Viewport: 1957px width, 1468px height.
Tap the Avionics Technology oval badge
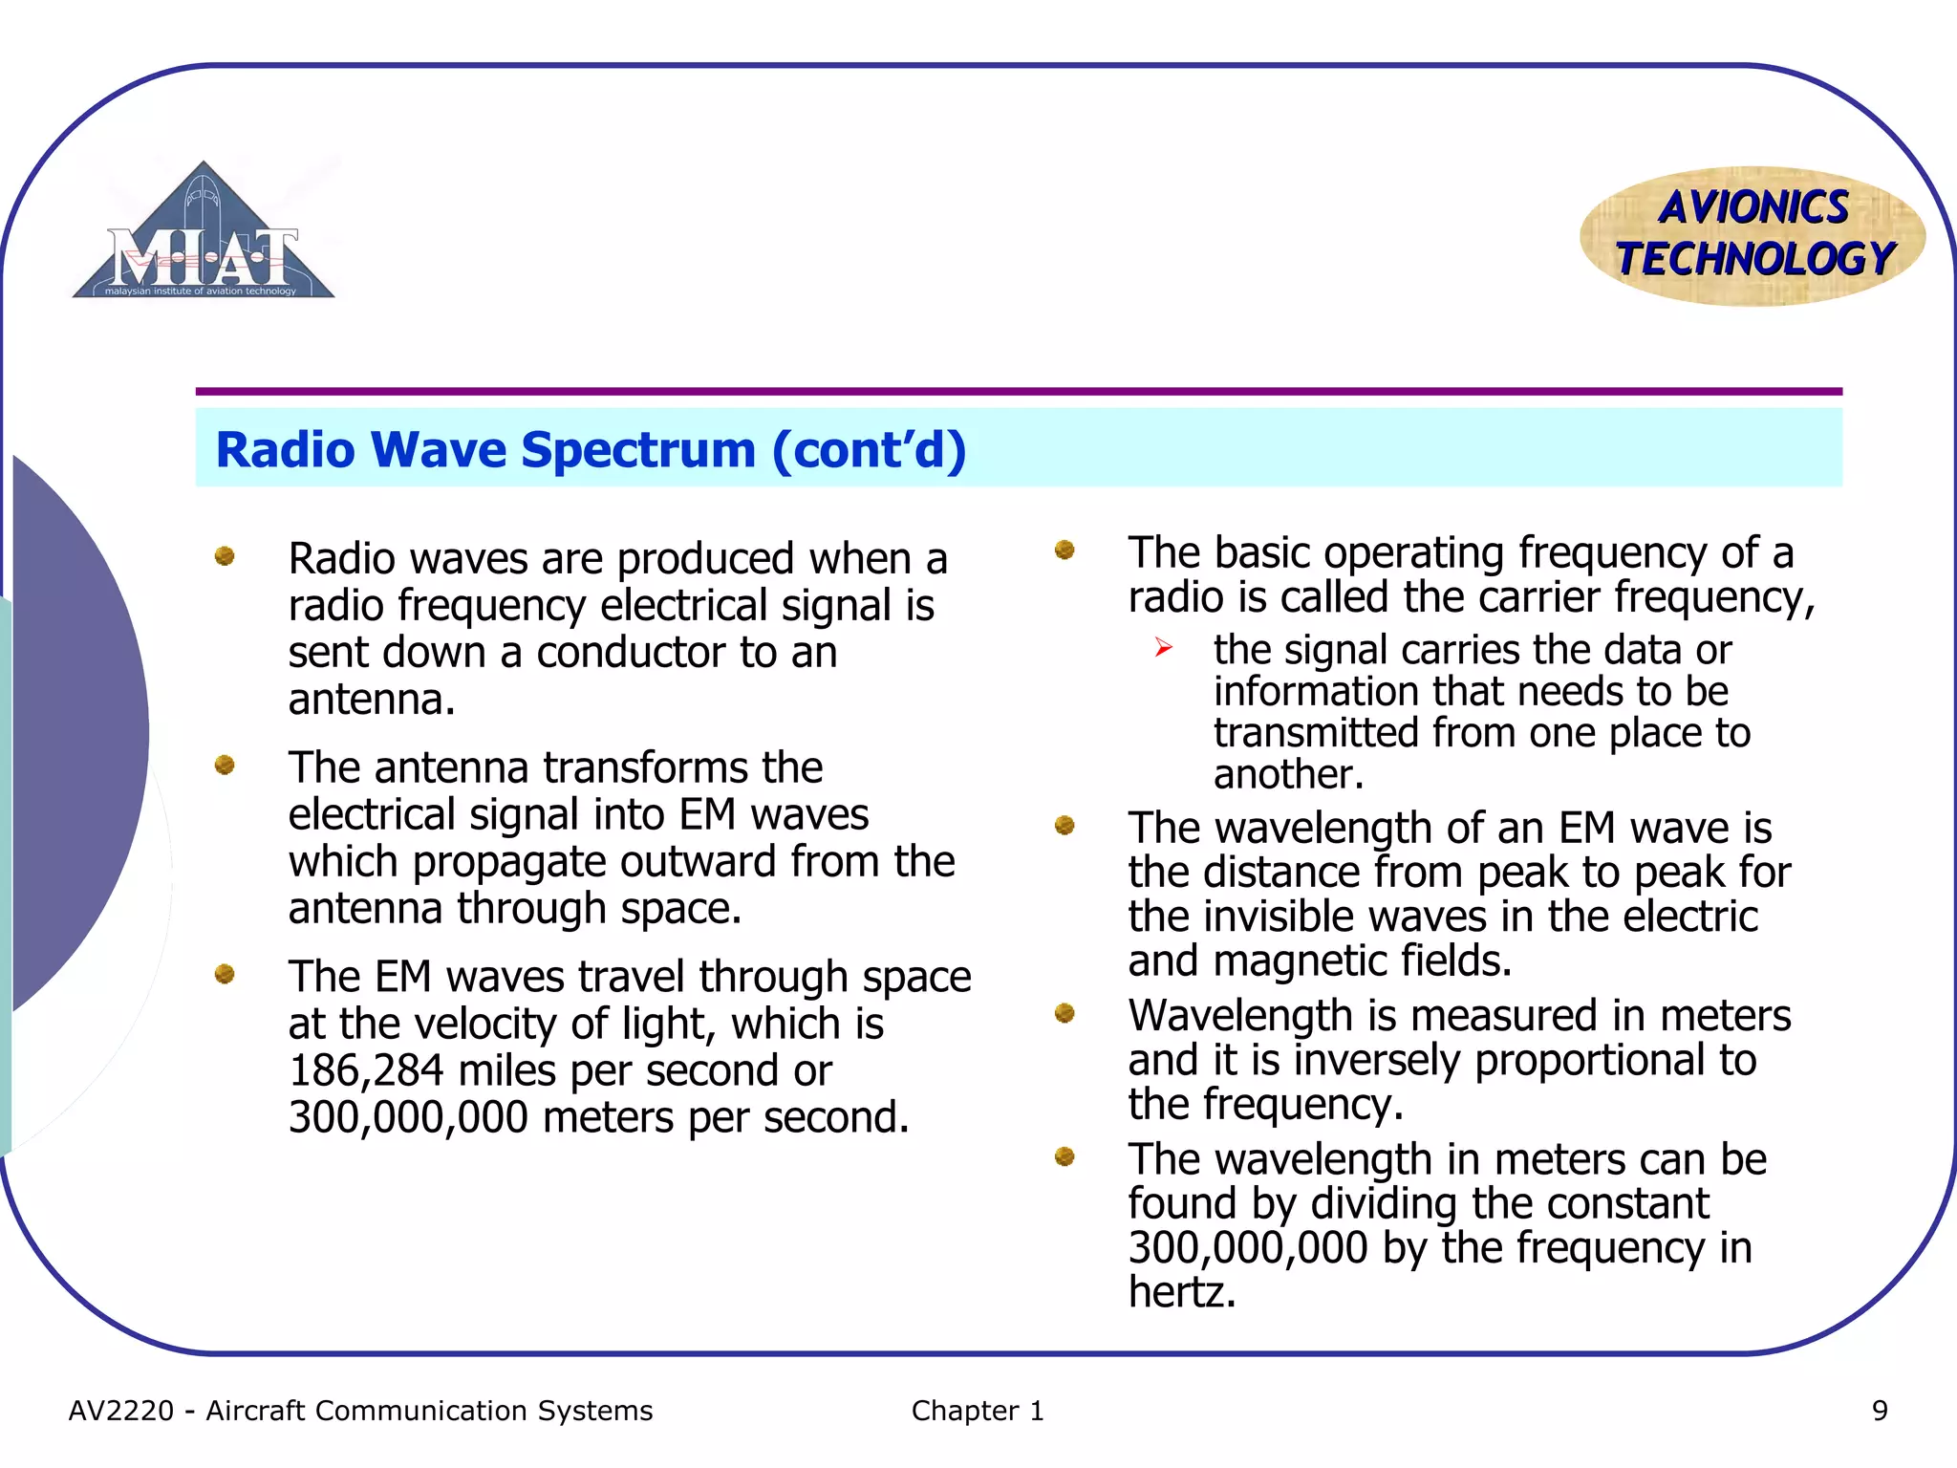coord(1753,235)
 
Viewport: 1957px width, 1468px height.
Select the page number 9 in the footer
coord(1879,1411)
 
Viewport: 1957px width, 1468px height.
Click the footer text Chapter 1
coord(977,1411)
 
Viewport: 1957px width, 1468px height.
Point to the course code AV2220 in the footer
coord(121,1411)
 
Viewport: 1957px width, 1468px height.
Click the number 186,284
coord(366,1070)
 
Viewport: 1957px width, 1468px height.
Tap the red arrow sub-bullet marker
coord(1163,648)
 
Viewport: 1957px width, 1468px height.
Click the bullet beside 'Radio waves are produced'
coord(225,555)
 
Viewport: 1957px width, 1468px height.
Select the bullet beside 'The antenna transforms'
coord(225,765)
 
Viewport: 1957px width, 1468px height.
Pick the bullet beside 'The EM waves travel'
coord(225,974)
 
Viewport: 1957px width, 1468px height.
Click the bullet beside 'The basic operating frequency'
coord(1065,550)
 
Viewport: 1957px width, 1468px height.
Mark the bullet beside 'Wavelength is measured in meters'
coord(1065,1013)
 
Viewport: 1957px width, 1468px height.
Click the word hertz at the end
coord(1182,1292)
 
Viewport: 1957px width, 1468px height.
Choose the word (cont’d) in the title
coord(869,449)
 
